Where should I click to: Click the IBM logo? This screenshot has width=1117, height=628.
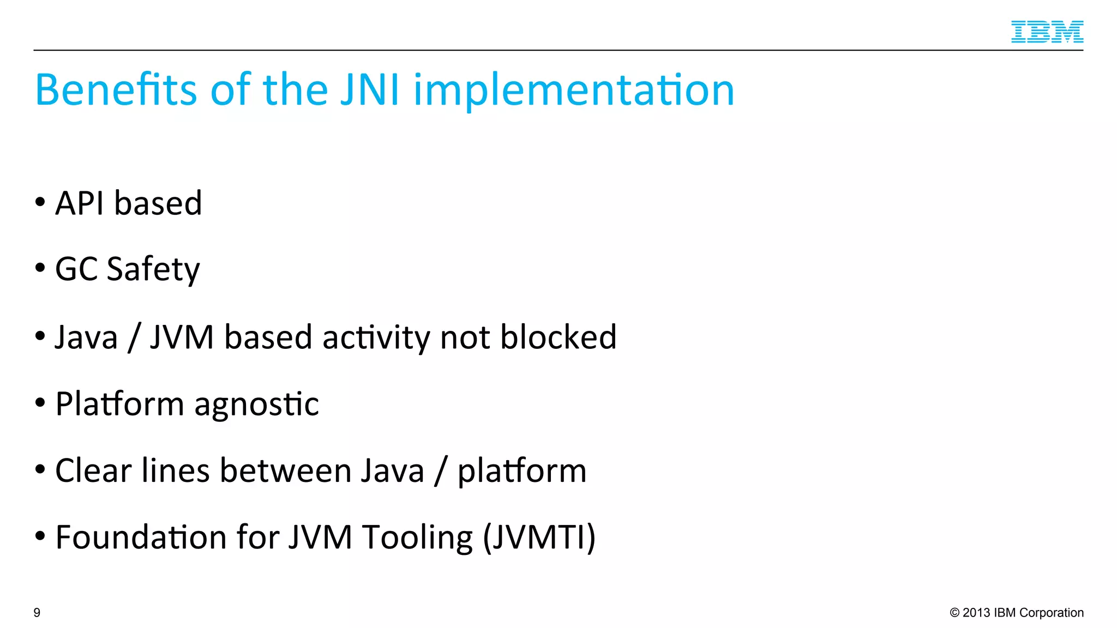pyautogui.click(x=1047, y=32)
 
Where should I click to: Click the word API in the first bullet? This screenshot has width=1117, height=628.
pyautogui.click(x=80, y=204)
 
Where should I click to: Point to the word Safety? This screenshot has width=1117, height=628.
pyautogui.click(x=153, y=269)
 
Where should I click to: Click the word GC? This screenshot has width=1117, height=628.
pyautogui.click(x=76, y=269)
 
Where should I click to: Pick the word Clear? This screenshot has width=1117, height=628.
pyautogui.click(x=93, y=470)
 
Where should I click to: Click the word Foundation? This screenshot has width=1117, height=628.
pyautogui.click(x=141, y=538)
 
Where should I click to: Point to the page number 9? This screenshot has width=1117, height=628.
pyautogui.click(x=37, y=613)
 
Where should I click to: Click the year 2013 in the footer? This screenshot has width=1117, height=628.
pyautogui.click(x=976, y=613)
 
